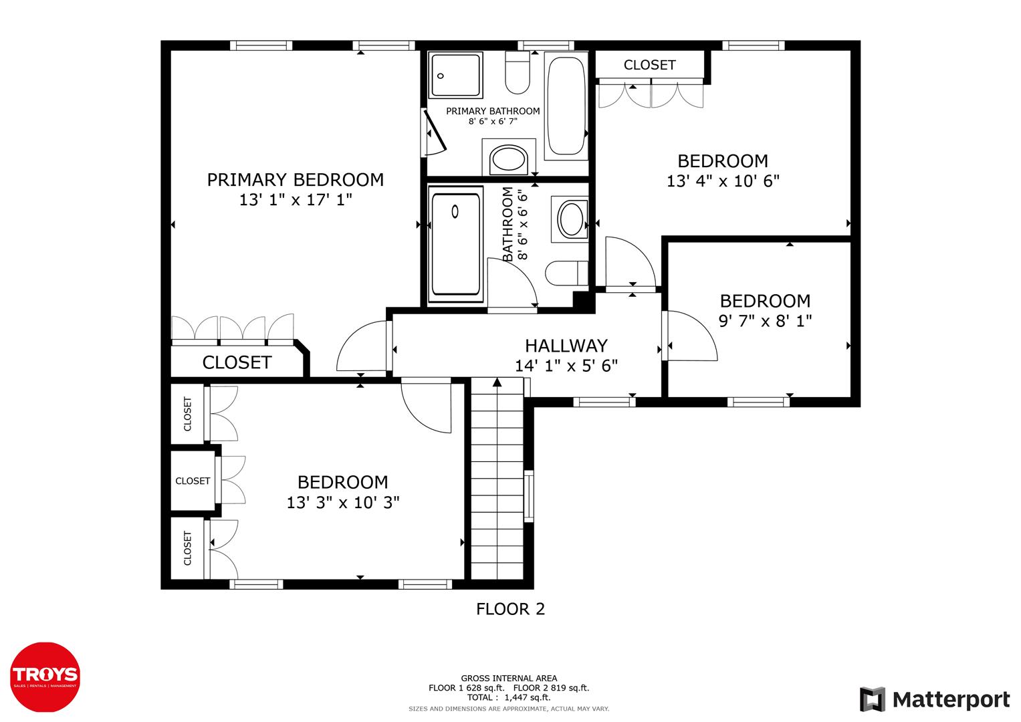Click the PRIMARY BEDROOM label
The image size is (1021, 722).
click(295, 180)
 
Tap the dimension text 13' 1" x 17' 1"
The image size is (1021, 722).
click(295, 199)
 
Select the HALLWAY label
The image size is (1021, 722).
click(566, 346)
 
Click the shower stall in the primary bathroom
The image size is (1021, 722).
click(456, 76)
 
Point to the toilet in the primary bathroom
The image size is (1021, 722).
click(518, 74)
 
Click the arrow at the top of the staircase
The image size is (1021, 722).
click(497, 382)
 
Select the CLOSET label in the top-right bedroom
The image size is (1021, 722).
click(649, 65)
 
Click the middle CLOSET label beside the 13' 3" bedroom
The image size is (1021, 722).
click(193, 481)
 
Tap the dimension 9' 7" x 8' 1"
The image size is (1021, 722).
click(765, 321)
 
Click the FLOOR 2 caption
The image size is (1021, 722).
click(510, 609)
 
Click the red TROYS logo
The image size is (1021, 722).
click(45, 675)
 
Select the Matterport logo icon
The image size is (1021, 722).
click(873, 700)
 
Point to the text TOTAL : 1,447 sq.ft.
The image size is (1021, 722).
click(509, 697)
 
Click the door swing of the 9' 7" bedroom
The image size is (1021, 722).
click(692, 338)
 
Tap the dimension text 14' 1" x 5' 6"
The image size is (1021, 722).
click(566, 366)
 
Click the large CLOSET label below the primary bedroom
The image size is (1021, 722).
click(237, 362)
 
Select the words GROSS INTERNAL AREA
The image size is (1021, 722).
click(509, 678)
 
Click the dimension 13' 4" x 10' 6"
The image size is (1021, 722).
click(723, 181)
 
